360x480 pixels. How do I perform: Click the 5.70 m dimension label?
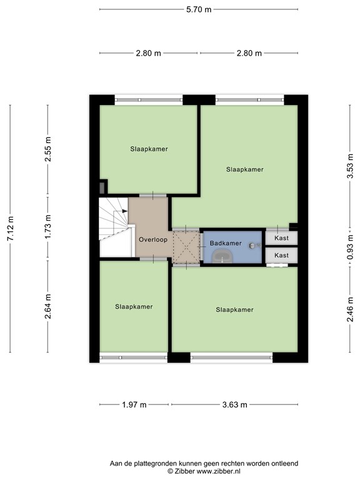pos(199,9)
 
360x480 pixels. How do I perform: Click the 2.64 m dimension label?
pos(48,306)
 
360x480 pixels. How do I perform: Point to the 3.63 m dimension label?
pos(234,405)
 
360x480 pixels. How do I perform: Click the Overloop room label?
pos(153,239)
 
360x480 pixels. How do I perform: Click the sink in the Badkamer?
pos(222,256)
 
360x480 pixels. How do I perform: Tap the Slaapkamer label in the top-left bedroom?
pos(149,149)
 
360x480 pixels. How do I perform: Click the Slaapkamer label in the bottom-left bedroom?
pos(134,307)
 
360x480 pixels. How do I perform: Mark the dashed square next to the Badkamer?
pos(186,246)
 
